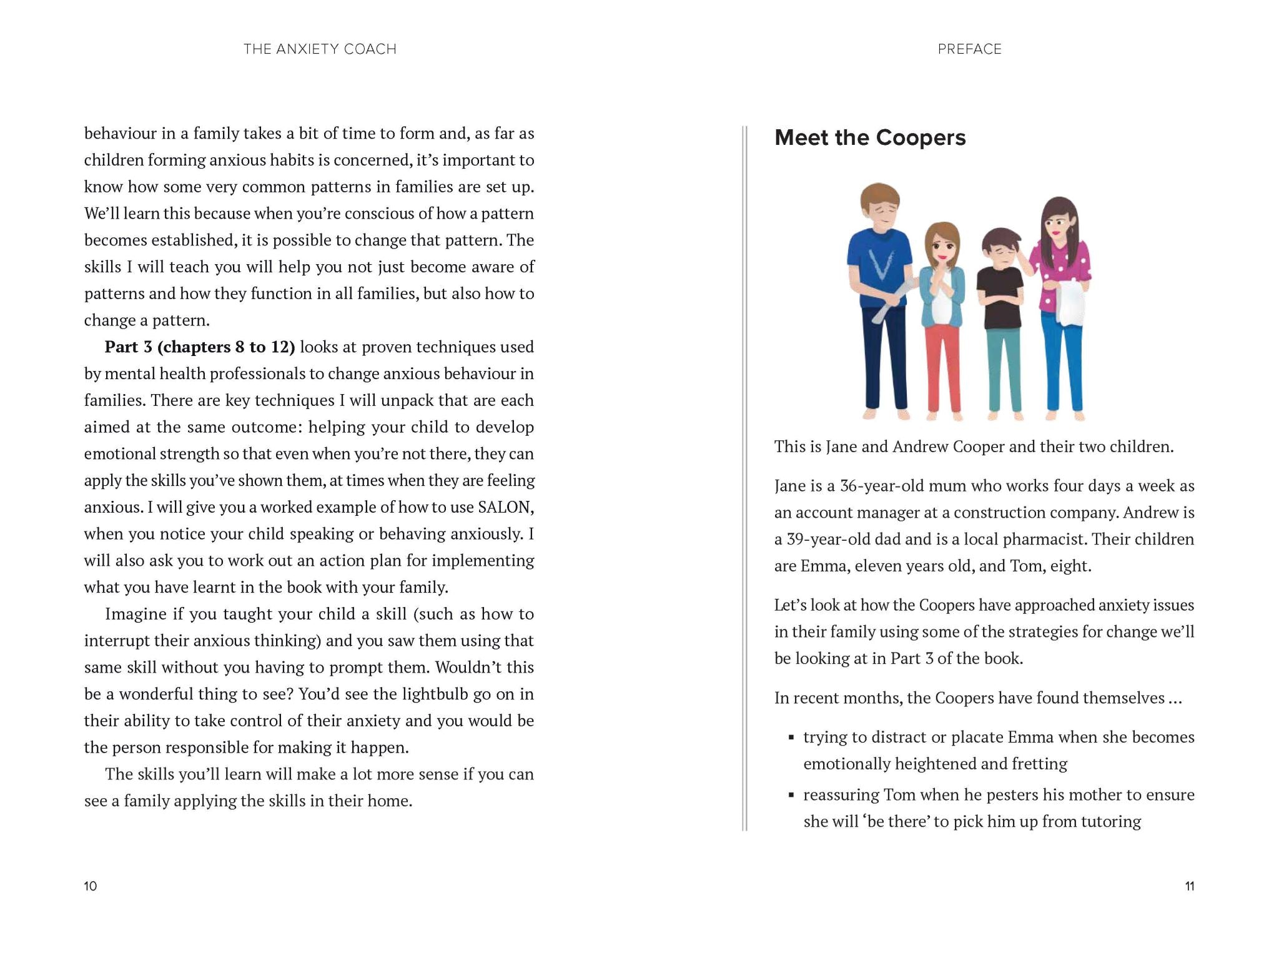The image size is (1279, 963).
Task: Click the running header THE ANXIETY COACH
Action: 320,49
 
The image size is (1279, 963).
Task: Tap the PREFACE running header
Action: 969,49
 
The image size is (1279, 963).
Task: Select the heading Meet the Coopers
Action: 869,137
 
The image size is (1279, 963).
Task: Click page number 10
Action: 91,886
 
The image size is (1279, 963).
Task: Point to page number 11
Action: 1189,886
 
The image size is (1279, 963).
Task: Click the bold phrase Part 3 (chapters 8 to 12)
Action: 199,347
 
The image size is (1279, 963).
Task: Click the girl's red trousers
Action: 942,368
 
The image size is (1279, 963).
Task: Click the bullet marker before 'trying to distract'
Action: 791,738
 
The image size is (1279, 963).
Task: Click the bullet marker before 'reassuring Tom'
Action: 791,795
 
